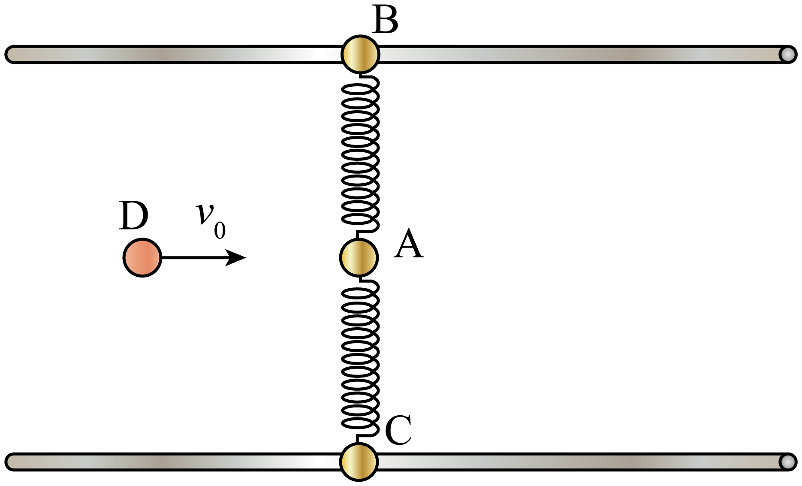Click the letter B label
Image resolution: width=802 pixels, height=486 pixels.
point(385,20)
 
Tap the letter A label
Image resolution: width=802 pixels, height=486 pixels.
point(409,244)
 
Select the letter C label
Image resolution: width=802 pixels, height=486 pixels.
point(398,430)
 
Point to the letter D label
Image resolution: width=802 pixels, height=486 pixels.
point(134,215)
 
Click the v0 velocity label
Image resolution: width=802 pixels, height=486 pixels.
point(211,220)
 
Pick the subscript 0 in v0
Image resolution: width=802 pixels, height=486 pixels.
point(220,231)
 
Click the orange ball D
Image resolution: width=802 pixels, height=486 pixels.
point(142,257)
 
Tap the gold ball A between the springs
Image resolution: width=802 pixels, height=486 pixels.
point(359,257)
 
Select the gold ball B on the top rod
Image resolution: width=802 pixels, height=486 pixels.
point(360,54)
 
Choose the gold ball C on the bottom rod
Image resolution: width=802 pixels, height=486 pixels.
point(359,462)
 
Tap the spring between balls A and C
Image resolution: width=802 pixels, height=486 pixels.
point(360,360)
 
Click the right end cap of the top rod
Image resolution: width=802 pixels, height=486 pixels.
point(787,54)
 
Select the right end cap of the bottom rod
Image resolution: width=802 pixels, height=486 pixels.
point(787,462)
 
